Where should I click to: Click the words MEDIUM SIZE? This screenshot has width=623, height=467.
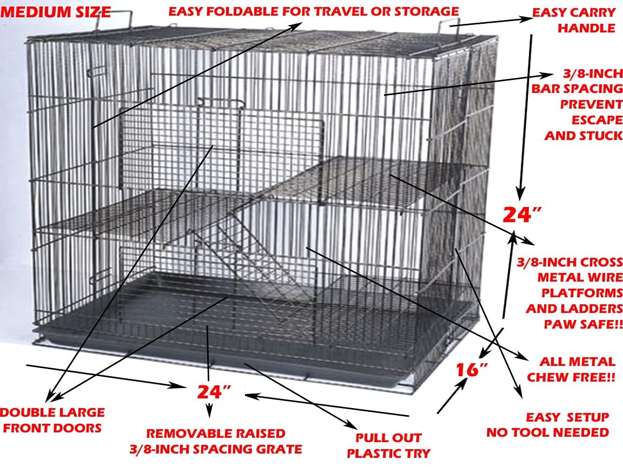point(56,12)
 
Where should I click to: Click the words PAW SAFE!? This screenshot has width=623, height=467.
point(584,324)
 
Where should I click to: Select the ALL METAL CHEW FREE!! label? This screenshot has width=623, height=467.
point(571,369)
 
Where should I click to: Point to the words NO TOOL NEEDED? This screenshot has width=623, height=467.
point(547,432)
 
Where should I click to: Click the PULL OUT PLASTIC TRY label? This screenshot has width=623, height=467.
point(388,445)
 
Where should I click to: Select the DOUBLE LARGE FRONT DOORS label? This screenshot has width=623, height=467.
point(51,420)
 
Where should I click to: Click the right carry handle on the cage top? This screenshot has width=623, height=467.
point(449,31)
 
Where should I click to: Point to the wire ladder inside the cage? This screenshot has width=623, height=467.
point(246,259)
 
